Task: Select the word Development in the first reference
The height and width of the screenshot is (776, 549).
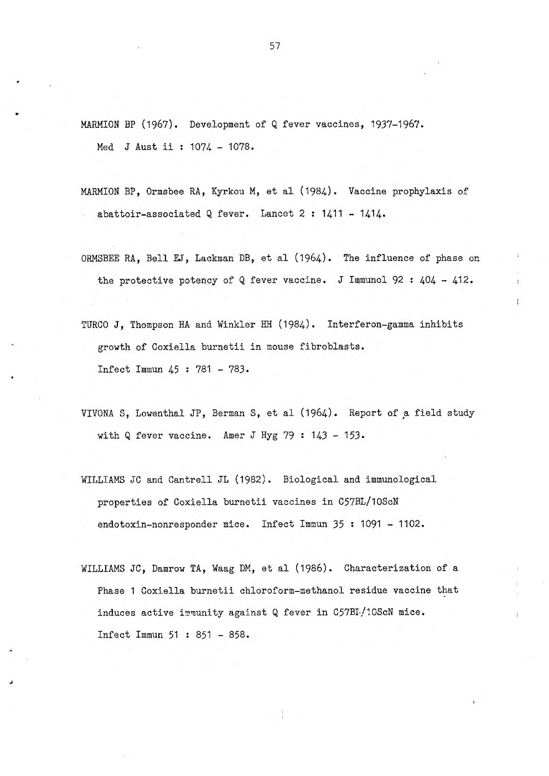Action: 219,124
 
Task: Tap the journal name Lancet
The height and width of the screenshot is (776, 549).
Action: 277,214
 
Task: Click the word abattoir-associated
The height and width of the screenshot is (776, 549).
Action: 149,214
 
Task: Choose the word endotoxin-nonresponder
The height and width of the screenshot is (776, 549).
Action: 157,524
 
